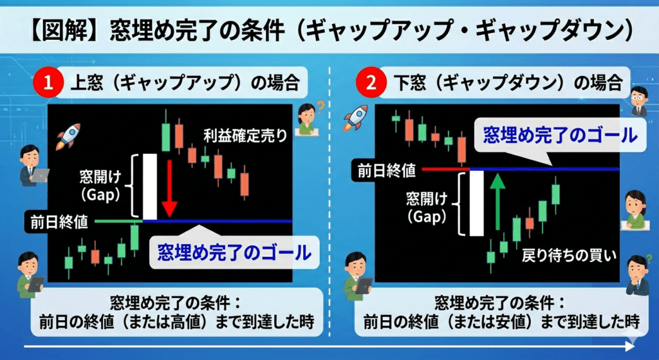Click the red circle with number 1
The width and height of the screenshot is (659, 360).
pos(48,84)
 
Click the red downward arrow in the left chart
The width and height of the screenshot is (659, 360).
pos(169,187)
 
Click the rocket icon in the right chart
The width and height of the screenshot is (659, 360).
pos(355,118)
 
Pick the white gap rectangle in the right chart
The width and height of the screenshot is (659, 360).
pos(477,204)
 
